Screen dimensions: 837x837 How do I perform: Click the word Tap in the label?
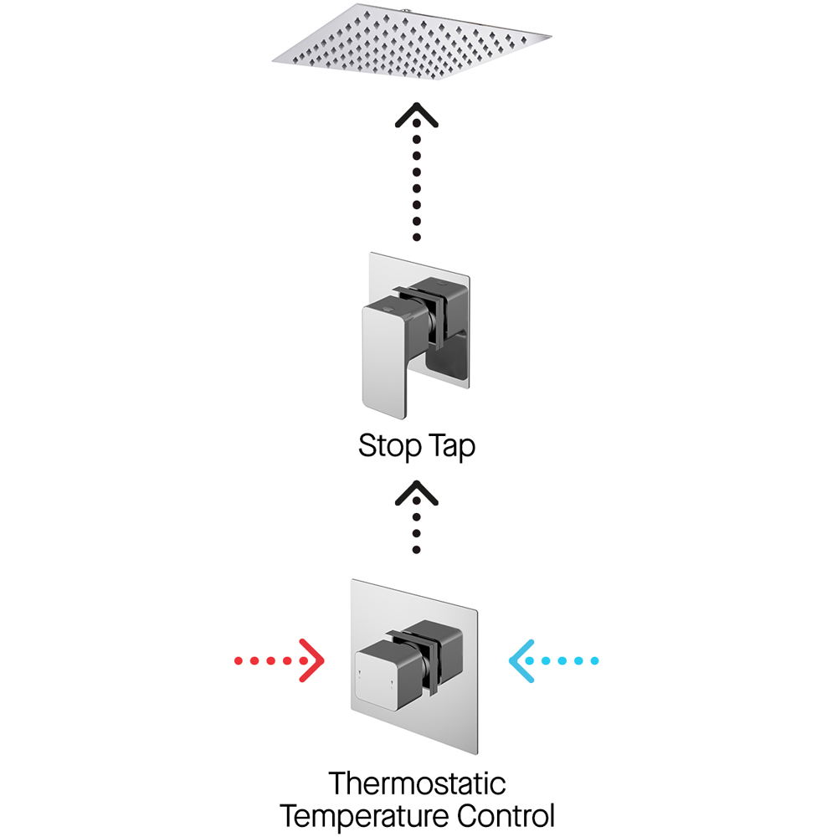450,446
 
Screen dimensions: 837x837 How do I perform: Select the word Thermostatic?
417,784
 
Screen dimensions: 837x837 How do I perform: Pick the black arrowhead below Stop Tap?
416,492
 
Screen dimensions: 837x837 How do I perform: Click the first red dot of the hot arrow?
239,661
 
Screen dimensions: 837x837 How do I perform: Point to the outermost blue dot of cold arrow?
594,661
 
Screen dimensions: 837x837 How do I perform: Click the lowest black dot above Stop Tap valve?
416,239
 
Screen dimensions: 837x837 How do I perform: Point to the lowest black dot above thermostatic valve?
416,549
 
